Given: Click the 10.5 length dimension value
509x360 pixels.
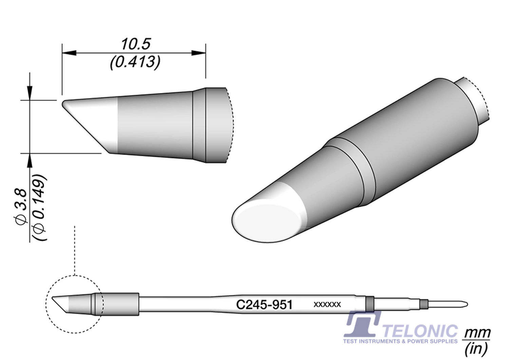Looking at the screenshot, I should (x=135, y=44).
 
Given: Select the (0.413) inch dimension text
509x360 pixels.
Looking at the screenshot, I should (x=135, y=62).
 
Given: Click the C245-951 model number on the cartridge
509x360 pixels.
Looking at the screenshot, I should (x=264, y=305).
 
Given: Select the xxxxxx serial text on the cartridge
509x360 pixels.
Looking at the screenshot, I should (x=327, y=305).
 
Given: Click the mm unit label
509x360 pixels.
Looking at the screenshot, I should (x=477, y=332).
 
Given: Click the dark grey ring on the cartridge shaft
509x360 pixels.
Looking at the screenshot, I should (x=370, y=303).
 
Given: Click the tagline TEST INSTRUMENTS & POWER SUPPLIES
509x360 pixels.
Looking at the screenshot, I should (x=400, y=341).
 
